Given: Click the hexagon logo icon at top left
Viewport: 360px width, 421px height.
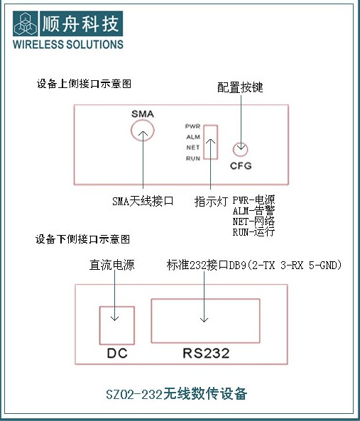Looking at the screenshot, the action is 26,23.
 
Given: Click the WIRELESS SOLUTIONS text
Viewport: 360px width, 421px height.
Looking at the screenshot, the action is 68,44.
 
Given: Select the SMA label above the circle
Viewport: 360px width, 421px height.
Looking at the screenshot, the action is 143,114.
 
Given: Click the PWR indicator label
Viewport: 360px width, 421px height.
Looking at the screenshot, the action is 192,126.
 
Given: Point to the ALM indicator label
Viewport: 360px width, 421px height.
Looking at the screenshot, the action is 193,137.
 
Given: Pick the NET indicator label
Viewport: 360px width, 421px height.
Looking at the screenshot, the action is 193,148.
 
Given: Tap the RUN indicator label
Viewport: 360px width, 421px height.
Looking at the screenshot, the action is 193,158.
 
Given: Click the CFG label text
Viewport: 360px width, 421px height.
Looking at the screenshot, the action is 241,165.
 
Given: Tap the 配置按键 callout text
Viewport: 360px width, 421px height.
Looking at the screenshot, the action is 240,87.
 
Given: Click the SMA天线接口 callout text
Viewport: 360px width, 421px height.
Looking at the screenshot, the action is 143,201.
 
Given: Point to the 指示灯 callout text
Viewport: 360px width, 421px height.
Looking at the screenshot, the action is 212,201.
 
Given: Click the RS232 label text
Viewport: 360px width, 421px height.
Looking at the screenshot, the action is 206,353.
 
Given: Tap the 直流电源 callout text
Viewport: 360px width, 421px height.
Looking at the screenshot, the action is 111,265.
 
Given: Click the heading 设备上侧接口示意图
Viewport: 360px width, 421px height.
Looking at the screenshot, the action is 84,84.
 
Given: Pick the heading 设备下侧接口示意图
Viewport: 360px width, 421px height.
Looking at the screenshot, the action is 82,239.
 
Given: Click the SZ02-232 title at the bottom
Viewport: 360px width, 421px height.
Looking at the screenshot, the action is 176,394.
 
